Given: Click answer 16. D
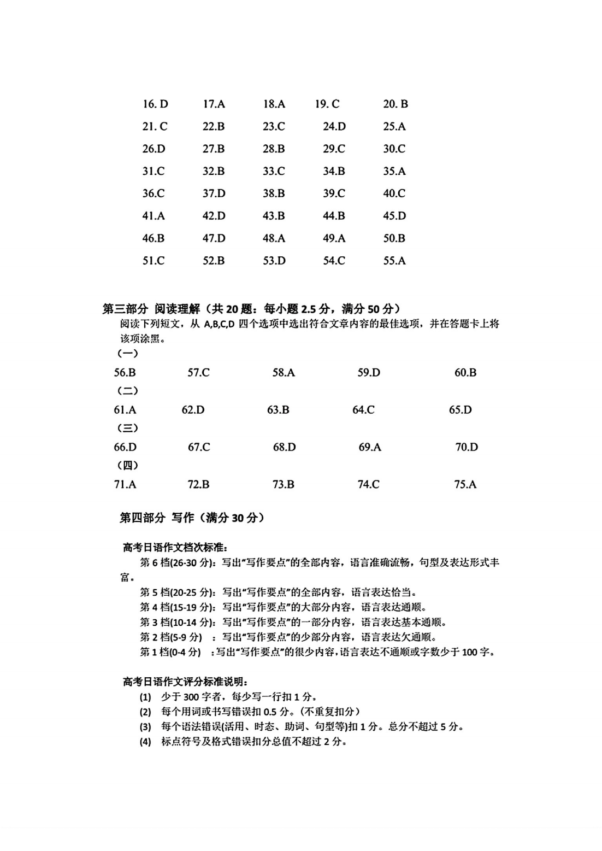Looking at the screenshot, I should [155, 104].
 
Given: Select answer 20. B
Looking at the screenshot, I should [396, 104].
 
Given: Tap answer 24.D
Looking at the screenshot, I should [334, 126].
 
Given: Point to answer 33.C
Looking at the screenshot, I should [274, 171].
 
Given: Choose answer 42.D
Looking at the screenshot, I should [214, 216].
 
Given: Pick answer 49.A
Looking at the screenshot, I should [334, 238].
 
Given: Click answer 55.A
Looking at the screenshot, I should [394, 261].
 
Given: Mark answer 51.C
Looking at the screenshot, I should [154, 261].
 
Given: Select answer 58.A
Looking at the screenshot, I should [284, 373].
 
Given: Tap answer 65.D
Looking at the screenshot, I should [461, 410].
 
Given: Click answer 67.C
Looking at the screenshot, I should [199, 447].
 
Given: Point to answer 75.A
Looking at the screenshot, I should [465, 484].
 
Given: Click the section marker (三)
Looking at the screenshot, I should [128, 428].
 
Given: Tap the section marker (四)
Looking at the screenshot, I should [128, 465].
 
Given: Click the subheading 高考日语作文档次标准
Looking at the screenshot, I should [175, 547].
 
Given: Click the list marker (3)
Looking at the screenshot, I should [145, 727].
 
